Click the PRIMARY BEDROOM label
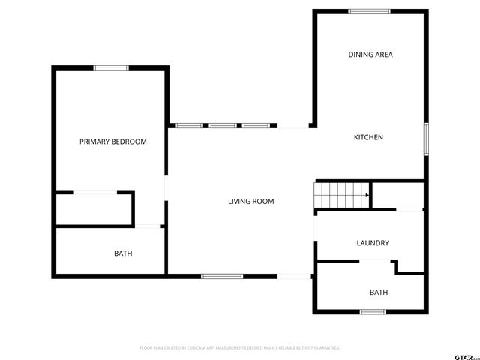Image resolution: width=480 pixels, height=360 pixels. pyautogui.click(x=113, y=142)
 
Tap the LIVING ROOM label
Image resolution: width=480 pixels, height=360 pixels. pyautogui.click(x=251, y=201)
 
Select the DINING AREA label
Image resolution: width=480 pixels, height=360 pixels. pyautogui.click(x=370, y=55)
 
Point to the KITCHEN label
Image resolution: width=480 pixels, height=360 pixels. pyautogui.click(x=368, y=137)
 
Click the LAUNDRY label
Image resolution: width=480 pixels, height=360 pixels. pyautogui.click(x=372, y=243)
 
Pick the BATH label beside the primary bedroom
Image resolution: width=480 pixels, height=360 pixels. pyautogui.click(x=123, y=253)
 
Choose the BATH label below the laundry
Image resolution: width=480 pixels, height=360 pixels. pyautogui.click(x=378, y=292)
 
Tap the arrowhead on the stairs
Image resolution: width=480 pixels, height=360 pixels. pyautogui.click(x=367, y=196)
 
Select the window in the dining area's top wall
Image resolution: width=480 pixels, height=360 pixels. pyautogui.click(x=369, y=11)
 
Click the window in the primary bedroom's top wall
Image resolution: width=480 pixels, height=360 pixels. pyautogui.click(x=111, y=68)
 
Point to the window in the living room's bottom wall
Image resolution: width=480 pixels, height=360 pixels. pyautogui.click(x=222, y=276)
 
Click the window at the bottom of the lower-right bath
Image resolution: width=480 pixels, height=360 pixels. pyautogui.click(x=373, y=311)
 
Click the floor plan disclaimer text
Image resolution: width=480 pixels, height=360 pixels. pyautogui.click(x=240, y=348)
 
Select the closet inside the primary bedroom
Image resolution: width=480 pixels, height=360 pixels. pyautogui.click(x=94, y=208)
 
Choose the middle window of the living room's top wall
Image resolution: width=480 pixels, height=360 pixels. pyautogui.click(x=223, y=125)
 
